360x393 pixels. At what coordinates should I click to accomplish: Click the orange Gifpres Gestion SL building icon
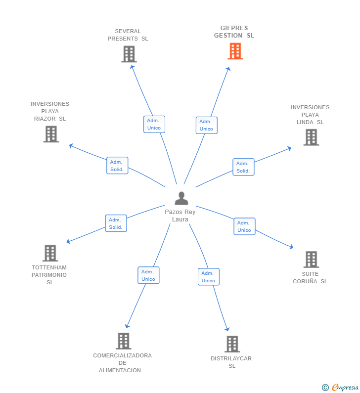[235, 51]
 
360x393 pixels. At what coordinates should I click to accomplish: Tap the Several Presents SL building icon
[129, 54]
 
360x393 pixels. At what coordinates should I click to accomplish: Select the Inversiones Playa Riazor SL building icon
[51, 134]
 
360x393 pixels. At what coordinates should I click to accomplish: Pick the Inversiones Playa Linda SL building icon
[311, 137]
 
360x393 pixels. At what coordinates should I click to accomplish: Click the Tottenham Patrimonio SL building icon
[50, 253]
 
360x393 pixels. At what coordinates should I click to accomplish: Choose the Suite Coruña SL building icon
[311, 260]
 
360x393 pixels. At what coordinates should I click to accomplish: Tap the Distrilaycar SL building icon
[232, 344]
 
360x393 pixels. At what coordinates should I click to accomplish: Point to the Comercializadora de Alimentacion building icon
[123, 341]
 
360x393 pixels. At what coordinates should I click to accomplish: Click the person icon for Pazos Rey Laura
[181, 198]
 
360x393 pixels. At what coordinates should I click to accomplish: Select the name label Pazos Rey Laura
[180, 216]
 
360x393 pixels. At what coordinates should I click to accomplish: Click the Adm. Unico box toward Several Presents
[154, 124]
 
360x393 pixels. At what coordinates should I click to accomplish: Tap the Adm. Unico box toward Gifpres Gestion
[206, 125]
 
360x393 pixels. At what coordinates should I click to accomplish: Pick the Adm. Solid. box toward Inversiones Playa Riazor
[117, 166]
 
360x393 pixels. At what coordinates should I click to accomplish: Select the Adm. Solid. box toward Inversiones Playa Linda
[243, 167]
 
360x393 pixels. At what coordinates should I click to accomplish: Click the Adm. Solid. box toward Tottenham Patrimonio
[116, 223]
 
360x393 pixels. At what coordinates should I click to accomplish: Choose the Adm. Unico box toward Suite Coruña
[244, 226]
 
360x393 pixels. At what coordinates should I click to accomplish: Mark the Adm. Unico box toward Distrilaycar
[208, 277]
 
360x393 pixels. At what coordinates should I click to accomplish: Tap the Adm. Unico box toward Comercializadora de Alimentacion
[148, 275]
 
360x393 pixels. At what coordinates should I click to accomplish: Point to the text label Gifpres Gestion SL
[234, 32]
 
